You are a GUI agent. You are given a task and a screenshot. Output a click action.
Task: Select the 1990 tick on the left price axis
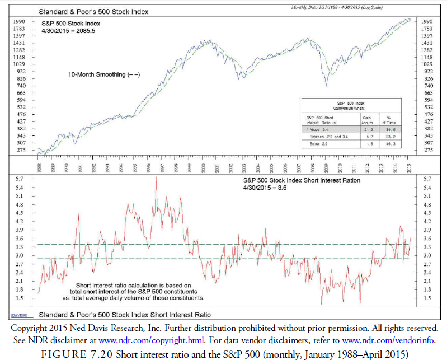pyautogui.click(x=18, y=21)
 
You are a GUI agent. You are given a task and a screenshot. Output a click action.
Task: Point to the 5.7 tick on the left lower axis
pyautogui.click(x=18, y=179)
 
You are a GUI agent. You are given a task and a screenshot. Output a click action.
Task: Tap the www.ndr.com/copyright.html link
pyautogui.click(x=130, y=340)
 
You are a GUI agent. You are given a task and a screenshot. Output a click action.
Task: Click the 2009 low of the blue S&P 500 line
pyautogui.click(x=326, y=86)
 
